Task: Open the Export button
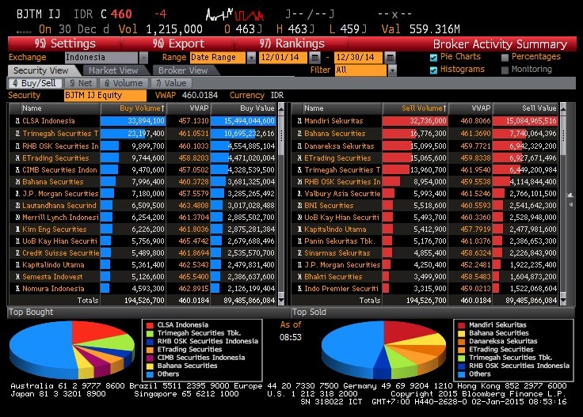[x=177, y=44]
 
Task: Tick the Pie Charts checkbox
[x=433, y=57]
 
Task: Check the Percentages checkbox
[x=505, y=57]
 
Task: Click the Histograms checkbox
[x=433, y=70]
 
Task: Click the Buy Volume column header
[x=143, y=108]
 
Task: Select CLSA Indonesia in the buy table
[x=48, y=121]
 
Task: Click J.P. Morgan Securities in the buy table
[x=60, y=193]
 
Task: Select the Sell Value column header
[x=539, y=108]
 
